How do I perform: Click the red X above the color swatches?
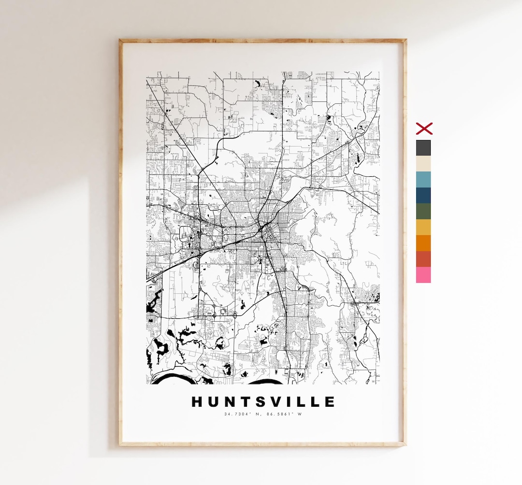[x=424, y=128]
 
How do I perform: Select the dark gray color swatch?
[x=423, y=148]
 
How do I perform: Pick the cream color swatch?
[x=423, y=164]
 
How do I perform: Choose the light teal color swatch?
[x=423, y=180]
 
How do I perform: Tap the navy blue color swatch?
[x=423, y=195]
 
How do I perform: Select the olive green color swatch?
[x=423, y=211]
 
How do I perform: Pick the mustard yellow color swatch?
[x=423, y=227]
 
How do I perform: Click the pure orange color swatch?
[x=423, y=243]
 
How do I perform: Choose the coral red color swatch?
[x=423, y=259]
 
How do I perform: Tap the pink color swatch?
[x=423, y=275]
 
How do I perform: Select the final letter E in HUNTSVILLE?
[x=330, y=402]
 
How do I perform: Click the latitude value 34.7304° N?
[x=243, y=414]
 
